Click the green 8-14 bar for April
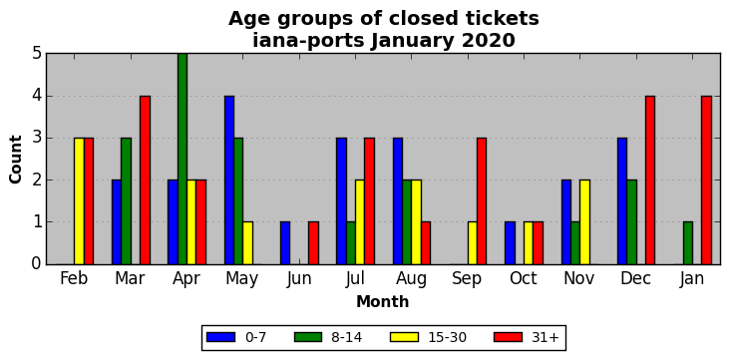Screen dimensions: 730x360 click(x=182, y=159)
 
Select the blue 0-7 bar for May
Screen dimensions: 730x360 click(x=229, y=180)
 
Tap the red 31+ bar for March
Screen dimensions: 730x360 click(x=145, y=180)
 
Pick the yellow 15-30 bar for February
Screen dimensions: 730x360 click(x=79, y=201)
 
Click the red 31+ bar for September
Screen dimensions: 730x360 click(x=482, y=201)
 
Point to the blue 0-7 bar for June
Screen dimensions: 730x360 click(x=285, y=243)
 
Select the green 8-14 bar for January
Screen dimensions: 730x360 click(x=688, y=243)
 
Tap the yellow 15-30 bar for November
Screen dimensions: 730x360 click(x=584, y=222)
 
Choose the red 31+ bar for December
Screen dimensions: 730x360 click(x=650, y=180)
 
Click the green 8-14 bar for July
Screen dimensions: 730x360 click(x=351, y=243)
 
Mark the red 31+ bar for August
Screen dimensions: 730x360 click(x=426, y=243)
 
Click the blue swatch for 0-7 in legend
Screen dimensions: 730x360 click(x=220, y=337)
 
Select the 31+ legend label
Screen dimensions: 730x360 click(x=545, y=337)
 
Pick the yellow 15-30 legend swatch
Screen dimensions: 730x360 click(x=405, y=337)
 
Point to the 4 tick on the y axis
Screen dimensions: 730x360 click(x=36, y=96)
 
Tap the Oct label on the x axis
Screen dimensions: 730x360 click(x=524, y=278)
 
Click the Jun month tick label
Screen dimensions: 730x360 click(x=298, y=278)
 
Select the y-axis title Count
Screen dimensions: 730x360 click(x=15, y=160)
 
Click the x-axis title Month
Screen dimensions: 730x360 click(x=383, y=302)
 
